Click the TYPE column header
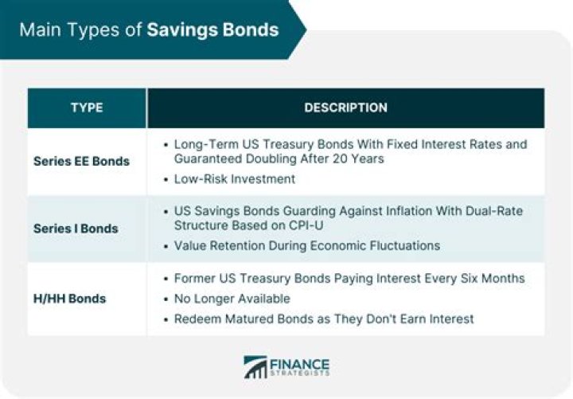click(87, 108)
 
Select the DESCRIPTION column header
click(345, 108)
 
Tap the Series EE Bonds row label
click(81, 161)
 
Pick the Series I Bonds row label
click(76, 229)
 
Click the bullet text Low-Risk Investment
click(235, 179)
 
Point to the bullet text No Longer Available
click(232, 299)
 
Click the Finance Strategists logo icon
click(256, 367)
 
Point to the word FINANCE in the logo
click(299, 362)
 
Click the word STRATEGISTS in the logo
click(299, 374)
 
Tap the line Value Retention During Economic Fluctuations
click(306, 245)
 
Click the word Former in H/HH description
click(193, 279)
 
